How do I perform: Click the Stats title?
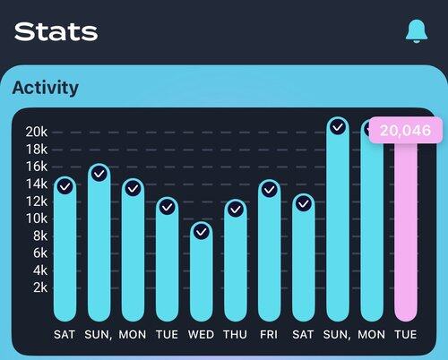click(x=56, y=31)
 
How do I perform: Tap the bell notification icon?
click(x=417, y=31)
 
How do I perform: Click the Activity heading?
click(x=46, y=88)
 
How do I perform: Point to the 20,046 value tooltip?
click(x=406, y=131)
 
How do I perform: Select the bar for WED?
click(x=202, y=271)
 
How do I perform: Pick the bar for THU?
click(x=236, y=261)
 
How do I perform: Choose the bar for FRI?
click(x=270, y=251)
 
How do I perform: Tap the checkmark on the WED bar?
click(x=202, y=232)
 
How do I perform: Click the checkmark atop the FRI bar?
click(x=270, y=190)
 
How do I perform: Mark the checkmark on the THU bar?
click(x=236, y=210)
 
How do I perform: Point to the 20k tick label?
click(x=37, y=132)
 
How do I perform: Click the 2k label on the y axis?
click(x=40, y=287)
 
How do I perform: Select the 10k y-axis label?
click(x=37, y=219)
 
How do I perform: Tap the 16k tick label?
click(x=37, y=167)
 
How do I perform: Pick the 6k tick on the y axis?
click(x=40, y=253)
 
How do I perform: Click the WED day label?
click(x=201, y=335)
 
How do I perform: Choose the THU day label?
click(x=236, y=335)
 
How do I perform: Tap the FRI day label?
click(x=269, y=335)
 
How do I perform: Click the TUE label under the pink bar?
click(x=406, y=335)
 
